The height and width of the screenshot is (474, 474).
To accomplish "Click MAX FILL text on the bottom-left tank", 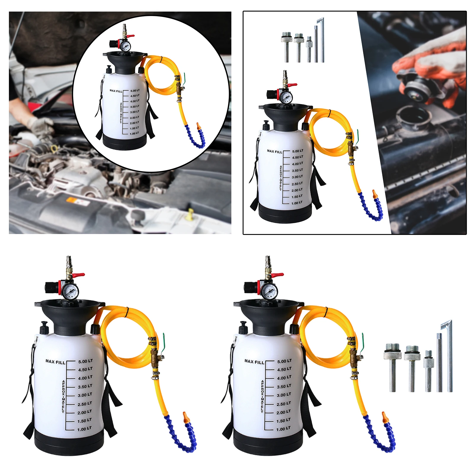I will point(55,361).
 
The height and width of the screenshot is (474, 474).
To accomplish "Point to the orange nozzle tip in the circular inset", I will point(199,126).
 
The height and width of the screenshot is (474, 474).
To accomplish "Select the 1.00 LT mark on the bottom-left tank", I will point(84,429).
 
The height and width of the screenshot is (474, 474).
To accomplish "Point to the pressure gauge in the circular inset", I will point(124,45).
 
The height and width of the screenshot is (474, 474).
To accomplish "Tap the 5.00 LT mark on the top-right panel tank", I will point(297,151).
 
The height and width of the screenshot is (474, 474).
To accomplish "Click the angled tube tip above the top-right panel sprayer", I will point(320,21).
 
